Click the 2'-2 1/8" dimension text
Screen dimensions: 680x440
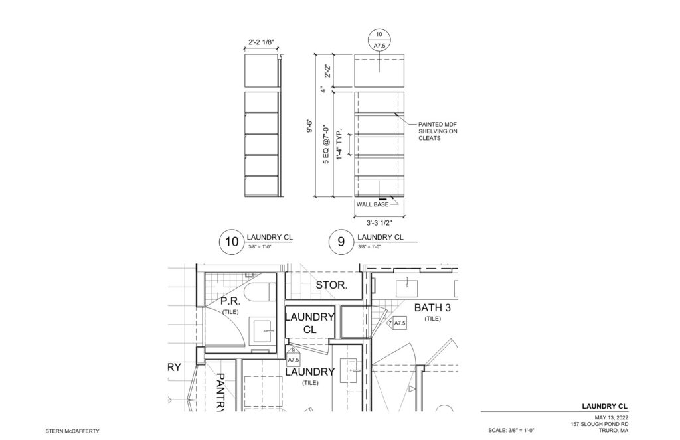(261, 42)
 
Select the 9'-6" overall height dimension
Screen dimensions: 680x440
(309, 125)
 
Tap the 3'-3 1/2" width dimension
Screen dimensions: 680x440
(379, 223)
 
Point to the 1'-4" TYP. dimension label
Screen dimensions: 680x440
(340, 144)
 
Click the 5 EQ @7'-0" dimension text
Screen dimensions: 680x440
(326, 145)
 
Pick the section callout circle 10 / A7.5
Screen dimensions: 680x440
(379, 40)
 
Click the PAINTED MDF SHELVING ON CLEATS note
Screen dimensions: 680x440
(438, 131)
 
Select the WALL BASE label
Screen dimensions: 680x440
(373, 204)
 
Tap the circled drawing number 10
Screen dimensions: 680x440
(232, 242)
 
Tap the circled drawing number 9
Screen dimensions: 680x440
(341, 242)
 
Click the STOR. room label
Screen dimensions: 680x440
(332, 285)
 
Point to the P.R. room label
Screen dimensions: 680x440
(230, 301)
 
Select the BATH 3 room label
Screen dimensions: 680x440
(432, 308)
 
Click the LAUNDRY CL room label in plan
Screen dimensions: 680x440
(309, 323)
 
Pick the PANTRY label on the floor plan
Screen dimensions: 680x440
(220, 392)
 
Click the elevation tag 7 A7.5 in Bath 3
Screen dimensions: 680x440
(397, 323)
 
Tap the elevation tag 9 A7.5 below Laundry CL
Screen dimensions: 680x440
(294, 355)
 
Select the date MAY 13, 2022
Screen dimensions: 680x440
(612, 417)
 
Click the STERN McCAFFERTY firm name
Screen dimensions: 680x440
(72, 431)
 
